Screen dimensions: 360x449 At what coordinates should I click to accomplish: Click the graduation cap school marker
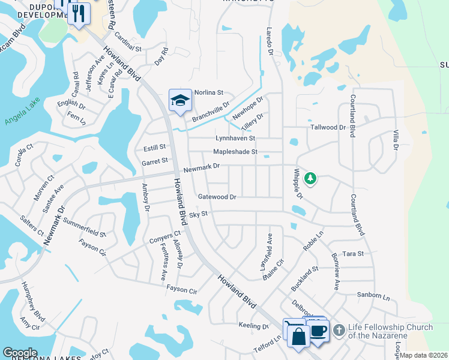tap(179, 101)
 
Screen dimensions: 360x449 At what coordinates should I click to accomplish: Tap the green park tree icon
tap(310, 178)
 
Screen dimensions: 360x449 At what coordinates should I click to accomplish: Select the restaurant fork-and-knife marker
tap(79, 14)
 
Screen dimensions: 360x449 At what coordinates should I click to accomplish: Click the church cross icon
tap(339, 330)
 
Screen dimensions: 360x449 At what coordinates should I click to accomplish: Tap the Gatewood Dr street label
tap(217, 197)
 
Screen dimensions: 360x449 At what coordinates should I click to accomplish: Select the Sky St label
tap(198, 214)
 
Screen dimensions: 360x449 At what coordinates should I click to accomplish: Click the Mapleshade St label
tap(235, 152)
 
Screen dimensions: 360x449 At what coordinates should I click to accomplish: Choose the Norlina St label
tap(208, 92)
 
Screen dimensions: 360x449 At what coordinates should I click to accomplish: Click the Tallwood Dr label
tap(328, 127)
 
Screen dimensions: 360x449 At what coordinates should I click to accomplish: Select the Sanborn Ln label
tap(373, 296)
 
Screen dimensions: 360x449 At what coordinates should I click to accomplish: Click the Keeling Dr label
tap(253, 326)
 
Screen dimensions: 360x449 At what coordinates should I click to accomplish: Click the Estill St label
tap(154, 147)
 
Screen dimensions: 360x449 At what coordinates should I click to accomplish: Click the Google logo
tap(20, 352)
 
